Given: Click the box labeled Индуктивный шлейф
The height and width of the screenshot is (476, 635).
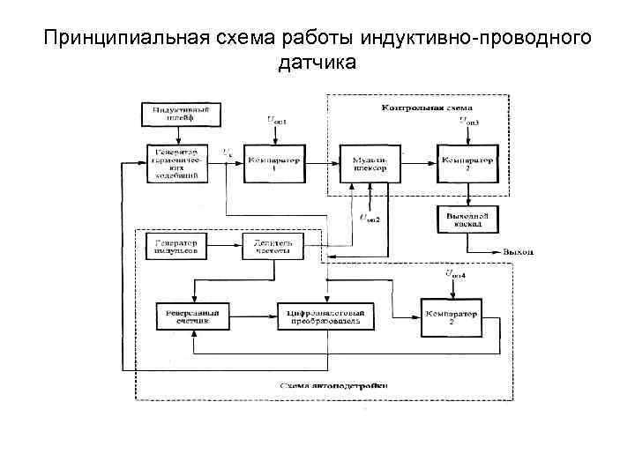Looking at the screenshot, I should [182, 114].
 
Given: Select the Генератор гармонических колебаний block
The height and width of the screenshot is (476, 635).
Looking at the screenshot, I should [179, 164].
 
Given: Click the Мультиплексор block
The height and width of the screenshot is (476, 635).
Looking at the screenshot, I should [365, 164].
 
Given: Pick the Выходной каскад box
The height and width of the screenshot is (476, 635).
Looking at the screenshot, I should [467, 220].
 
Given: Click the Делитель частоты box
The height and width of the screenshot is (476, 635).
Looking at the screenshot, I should [273, 246].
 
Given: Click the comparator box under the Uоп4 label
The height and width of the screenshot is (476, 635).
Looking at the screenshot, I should [451, 317].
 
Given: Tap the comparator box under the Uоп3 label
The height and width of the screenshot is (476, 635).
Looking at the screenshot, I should [467, 164].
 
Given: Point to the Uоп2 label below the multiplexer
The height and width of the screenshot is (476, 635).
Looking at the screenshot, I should [369, 218].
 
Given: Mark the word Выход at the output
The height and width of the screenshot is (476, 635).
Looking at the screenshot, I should [519, 252].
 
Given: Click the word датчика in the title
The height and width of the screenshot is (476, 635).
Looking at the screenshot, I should [317, 63].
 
